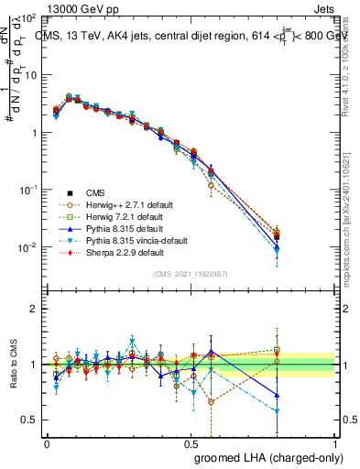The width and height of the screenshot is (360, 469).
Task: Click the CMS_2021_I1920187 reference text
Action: click(190, 273)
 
